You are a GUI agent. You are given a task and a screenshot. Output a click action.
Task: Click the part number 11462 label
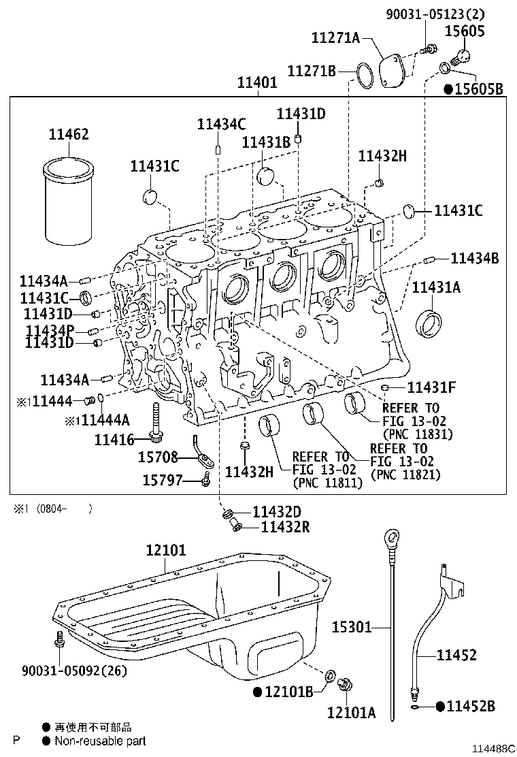click(68, 135)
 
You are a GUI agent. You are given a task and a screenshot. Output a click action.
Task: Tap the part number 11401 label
click(256, 83)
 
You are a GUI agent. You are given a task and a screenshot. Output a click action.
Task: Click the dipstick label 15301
click(352, 627)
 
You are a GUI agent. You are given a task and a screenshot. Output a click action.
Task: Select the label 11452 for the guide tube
click(456, 656)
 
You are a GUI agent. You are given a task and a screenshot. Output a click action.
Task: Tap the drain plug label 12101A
click(351, 712)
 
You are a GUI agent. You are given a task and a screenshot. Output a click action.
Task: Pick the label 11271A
click(335, 37)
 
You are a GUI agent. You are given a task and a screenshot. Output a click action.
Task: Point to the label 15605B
click(480, 88)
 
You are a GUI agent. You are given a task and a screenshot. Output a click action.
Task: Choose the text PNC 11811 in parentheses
click(327, 483)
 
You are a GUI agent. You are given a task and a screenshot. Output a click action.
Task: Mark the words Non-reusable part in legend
click(100, 741)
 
